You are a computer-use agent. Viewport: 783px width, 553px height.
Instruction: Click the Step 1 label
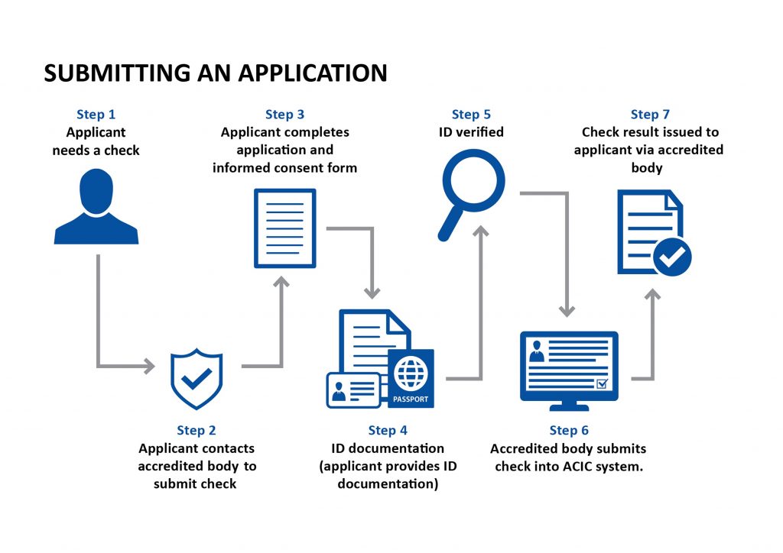(96, 115)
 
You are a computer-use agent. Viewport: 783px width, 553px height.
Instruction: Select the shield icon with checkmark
(197, 377)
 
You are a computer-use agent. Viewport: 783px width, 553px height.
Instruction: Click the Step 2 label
(197, 431)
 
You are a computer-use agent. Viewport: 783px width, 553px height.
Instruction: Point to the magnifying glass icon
(468, 191)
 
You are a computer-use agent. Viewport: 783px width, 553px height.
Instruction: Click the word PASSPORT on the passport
(411, 399)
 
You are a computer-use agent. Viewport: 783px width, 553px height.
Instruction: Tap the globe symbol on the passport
(411, 374)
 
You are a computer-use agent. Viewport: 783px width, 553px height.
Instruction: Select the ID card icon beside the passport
(353, 390)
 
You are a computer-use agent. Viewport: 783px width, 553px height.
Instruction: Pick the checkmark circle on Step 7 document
(672, 257)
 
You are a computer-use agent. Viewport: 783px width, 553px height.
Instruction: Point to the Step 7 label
(650, 115)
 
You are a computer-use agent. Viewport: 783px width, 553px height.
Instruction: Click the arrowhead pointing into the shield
(148, 367)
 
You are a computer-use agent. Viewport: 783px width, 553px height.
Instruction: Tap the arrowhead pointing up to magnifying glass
(481, 231)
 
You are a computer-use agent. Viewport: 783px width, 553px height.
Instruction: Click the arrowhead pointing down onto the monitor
(567, 310)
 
